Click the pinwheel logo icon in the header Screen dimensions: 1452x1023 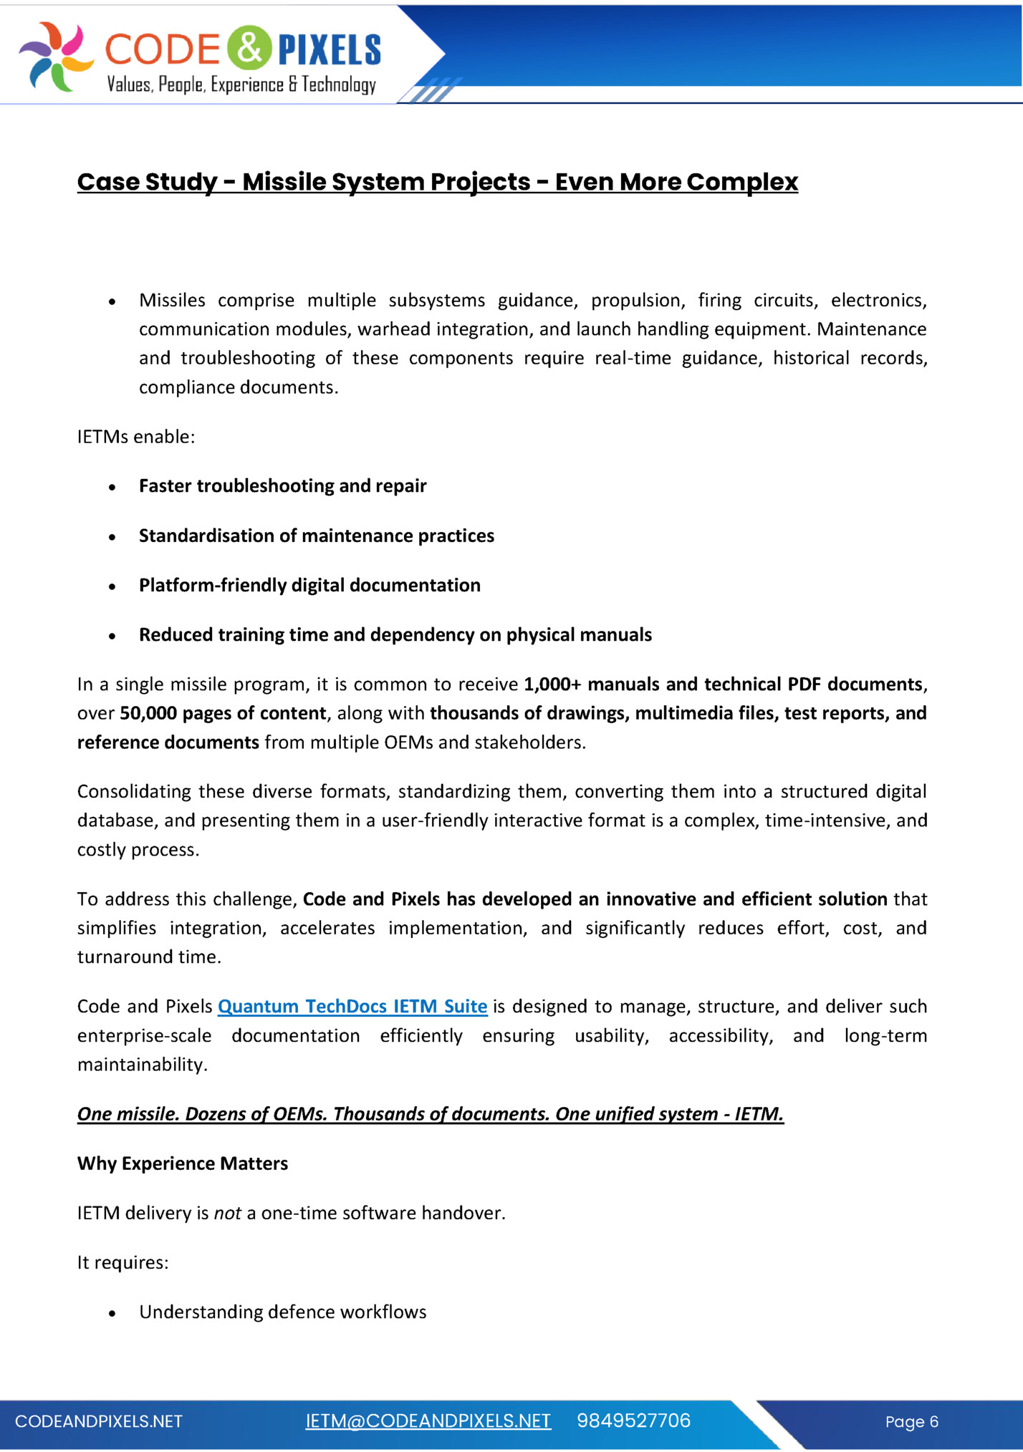pos(56,56)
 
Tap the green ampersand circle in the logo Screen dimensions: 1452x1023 pos(249,48)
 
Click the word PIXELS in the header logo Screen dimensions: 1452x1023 pos(330,49)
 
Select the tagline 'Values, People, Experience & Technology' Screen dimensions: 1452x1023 pos(241,85)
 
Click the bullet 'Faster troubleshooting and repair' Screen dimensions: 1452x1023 pos(282,486)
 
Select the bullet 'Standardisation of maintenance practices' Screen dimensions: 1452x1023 pos(316,536)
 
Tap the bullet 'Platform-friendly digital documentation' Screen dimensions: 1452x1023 pos(309,585)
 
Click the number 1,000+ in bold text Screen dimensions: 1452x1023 pos(552,684)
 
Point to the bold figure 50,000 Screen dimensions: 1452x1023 pos(148,713)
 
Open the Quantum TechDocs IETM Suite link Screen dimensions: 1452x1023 pos(352,1007)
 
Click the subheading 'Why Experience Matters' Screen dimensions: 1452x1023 pos(183,1163)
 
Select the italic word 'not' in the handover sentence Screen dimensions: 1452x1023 pos(228,1213)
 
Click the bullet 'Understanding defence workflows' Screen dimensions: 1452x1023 pos(282,1312)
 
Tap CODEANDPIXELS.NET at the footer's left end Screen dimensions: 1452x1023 pos(99,1421)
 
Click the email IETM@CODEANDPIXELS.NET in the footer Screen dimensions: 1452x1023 pos(428,1421)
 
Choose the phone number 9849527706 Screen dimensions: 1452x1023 pos(633,1421)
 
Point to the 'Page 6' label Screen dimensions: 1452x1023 pos(911,1422)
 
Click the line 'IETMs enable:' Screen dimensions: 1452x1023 pos(136,437)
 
